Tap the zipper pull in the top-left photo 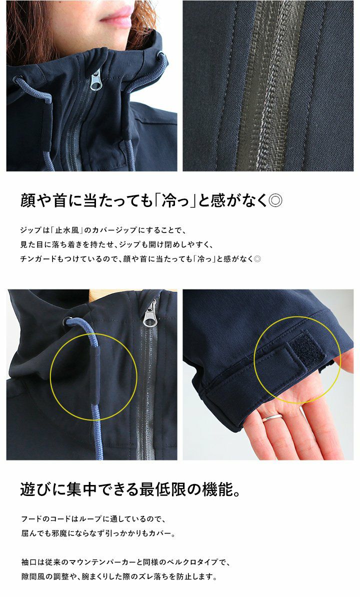(96, 80)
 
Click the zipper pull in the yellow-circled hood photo (150, 314)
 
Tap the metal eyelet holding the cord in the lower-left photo (69, 321)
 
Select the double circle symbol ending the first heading (275, 200)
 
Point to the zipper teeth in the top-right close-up (269, 85)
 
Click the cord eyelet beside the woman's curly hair (161, 56)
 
